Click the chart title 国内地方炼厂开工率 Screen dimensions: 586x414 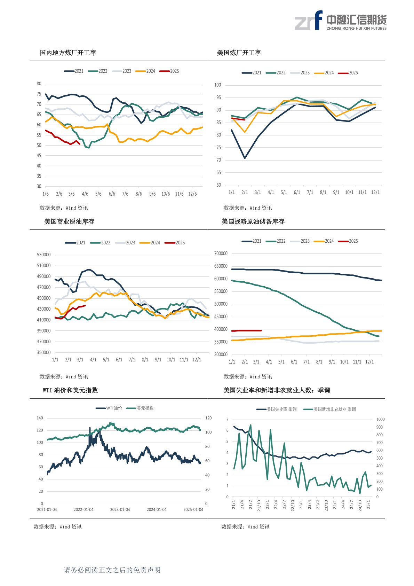point(68,53)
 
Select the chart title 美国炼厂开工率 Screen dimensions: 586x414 point(239,53)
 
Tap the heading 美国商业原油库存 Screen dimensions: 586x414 point(69,222)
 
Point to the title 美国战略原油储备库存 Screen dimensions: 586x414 point(253,222)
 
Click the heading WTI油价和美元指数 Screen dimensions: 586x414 point(70,390)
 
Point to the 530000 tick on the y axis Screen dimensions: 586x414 point(43,255)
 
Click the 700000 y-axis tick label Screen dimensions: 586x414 point(221,253)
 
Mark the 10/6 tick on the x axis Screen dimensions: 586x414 point(166,194)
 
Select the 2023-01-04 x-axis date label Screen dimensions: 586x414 point(120,510)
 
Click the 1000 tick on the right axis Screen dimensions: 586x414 point(380,419)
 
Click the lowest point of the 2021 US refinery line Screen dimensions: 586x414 point(245,158)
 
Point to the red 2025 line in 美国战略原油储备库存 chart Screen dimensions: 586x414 point(247,330)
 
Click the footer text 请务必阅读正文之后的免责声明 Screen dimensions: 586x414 point(112,570)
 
